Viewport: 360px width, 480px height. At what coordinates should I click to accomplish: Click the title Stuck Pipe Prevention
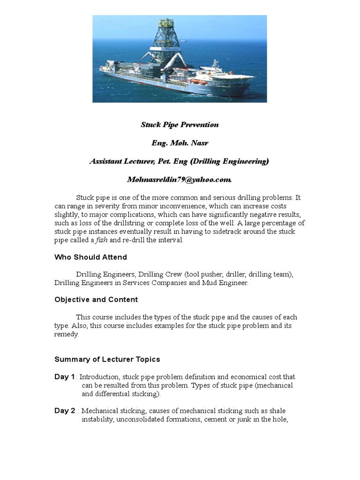180,125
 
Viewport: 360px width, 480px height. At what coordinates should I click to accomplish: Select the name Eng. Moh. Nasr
180,143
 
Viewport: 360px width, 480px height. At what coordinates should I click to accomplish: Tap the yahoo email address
180,180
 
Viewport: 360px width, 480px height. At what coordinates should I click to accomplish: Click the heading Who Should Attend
90,257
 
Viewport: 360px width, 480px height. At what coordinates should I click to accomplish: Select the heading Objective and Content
96,300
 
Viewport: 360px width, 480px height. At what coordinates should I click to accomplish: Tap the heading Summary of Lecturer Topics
107,360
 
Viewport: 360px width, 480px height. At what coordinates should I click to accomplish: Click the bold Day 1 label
65,377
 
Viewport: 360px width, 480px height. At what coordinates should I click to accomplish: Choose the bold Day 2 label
65,411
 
